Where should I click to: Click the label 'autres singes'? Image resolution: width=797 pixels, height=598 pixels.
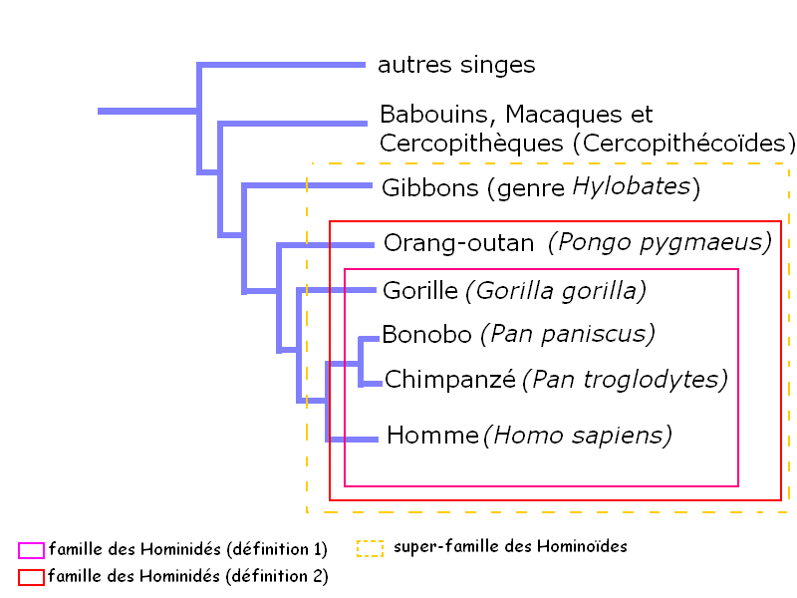pyautogui.click(x=456, y=65)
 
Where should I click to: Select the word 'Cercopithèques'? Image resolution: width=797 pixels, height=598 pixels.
pyautogui.click(x=471, y=144)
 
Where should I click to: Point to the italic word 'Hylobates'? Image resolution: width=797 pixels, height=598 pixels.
pyautogui.click(x=632, y=186)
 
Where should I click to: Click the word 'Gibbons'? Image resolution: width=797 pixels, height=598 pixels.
pyautogui.click(x=430, y=188)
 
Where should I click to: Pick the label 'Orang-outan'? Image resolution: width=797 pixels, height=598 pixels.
pyautogui.click(x=459, y=243)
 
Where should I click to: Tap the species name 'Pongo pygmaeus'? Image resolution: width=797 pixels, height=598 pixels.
pyautogui.click(x=661, y=243)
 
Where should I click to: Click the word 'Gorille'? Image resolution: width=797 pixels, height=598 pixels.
pyautogui.click(x=420, y=291)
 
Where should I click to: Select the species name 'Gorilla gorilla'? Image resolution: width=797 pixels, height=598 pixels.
pyautogui.click(x=556, y=291)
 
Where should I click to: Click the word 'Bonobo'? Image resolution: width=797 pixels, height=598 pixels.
pyautogui.click(x=427, y=335)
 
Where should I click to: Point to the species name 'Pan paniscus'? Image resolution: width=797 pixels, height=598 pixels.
pyautogui.click(x=568, y=335)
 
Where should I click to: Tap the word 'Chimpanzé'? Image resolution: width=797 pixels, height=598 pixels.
pyautogui.click(x=450, y=380)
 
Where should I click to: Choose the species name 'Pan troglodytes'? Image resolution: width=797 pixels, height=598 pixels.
pyautogui.click(x=626, y=380)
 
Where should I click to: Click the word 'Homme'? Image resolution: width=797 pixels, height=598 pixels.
pyautogui.click(x=432, y=436)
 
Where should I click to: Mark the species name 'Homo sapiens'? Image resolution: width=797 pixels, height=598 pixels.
pyautogui.click(x=578, y=436)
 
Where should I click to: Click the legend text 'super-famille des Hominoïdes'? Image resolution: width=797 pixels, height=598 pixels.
pyautogui.click(x=510, y=546)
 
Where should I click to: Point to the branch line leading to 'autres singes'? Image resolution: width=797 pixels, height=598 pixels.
pyautogui.click(x=281, y=65)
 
